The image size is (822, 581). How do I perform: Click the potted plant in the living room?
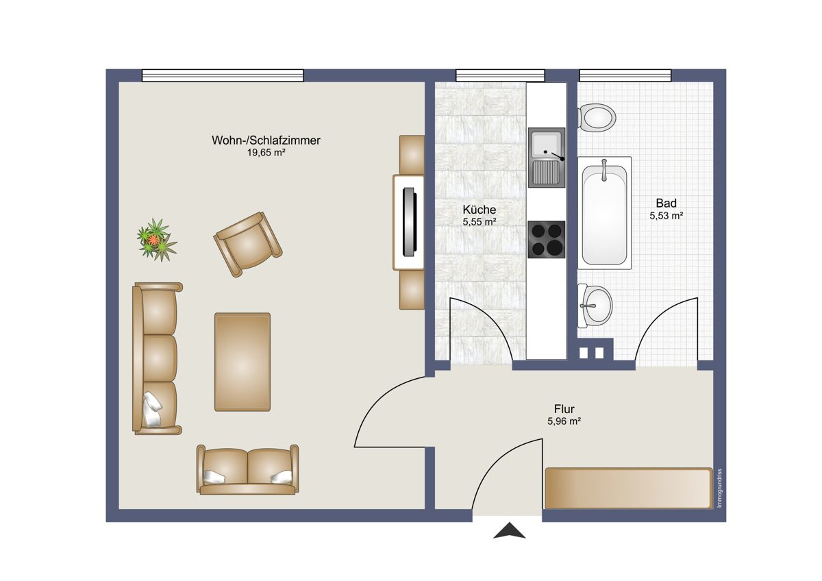click(x=157, y=240)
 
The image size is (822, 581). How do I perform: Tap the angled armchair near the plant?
click(x=248, y=244)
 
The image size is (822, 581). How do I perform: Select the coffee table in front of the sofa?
click(x=242, y=362)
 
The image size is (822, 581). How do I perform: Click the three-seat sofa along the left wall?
click(x=157, y=358)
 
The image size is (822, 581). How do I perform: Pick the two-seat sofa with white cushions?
click(x=248, y=470)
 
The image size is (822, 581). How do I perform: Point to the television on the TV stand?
click(x=410, y=222)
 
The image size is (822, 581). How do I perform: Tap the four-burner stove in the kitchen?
click(x=547, y=239)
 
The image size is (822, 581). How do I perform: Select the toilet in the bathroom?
click(x=597, y=117)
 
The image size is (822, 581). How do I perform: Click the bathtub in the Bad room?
click(x=604, y=213)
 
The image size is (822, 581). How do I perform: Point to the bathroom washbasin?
click(x=595, y=306)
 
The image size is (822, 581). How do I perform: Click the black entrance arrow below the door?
click(x=510, y=530)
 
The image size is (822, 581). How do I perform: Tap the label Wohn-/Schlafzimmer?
click(x=266, y=140)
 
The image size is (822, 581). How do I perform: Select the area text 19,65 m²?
click(x=266, y=153)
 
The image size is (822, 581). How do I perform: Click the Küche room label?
click(x=480, y=210)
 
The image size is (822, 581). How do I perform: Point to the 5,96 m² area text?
click(x=564, y=421)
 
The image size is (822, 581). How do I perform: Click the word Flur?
click(x=564, y=409)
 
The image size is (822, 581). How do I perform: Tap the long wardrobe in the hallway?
click(x=629, y=488)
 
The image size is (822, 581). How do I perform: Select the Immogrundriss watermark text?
click(x=719, y=488)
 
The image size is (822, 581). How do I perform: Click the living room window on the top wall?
click(x=223, y=75)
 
